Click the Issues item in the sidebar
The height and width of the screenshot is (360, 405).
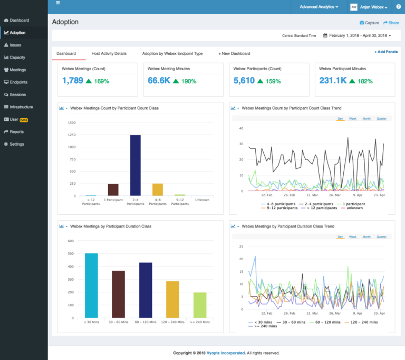15,45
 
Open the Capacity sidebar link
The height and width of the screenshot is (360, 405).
17,58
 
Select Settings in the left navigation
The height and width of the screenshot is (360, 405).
17,144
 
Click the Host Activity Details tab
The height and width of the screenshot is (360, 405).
109,53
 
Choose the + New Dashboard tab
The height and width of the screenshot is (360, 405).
234,53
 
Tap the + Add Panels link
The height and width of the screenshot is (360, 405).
386,52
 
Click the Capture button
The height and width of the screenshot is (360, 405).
369,23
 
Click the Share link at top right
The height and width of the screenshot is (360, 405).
391,23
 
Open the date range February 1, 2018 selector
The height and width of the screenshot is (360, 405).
358,36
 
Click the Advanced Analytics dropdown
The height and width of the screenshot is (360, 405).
319,7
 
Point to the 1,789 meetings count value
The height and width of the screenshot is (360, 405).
73,81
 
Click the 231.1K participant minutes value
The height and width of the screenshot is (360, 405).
333,81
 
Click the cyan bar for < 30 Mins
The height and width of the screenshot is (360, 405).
91,285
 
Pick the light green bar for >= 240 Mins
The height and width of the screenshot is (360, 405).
200,305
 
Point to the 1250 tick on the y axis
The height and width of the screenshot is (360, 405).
71,135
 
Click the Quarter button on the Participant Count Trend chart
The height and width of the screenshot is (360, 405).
381,119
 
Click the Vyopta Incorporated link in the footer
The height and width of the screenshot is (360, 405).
225,353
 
